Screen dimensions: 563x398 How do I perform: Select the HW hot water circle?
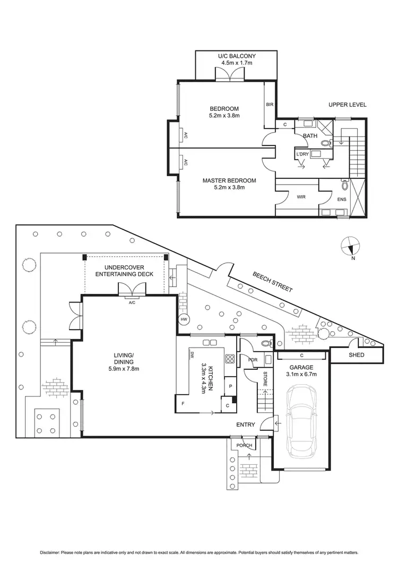[x=184, y=319]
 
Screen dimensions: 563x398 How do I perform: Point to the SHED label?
[x=356, y=354]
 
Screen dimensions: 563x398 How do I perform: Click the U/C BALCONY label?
[x=237, y=56]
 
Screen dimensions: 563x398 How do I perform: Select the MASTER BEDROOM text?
[x=229, y=180]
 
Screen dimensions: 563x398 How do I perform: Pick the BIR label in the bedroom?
[x=270, y=105]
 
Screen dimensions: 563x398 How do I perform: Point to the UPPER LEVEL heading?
[x=347, y=105]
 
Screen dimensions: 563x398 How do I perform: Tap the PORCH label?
[x=245, y=445]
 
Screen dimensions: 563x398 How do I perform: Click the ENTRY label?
[x=246, y=425]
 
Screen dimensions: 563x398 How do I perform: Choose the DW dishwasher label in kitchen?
[x=192, y=355]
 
